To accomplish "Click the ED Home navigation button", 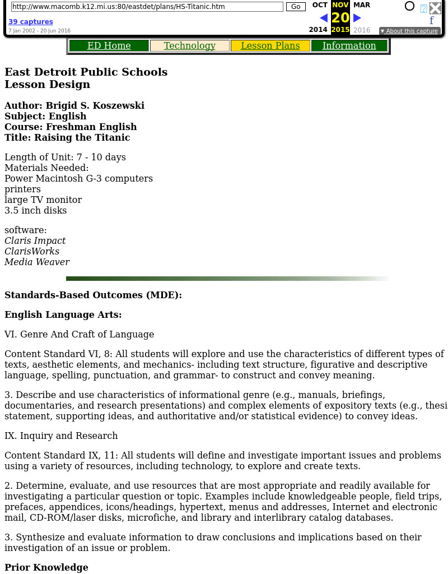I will click(109, 46).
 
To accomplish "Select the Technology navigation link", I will click(189, 46).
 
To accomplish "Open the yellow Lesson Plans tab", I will click(270, 46).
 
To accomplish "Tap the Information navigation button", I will click(349, 46).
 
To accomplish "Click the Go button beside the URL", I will click(296, 7).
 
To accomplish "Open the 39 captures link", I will click(31, 22).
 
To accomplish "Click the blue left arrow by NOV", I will click(323, 18).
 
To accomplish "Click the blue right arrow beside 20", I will click(357, 18).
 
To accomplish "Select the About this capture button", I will click(409, 31).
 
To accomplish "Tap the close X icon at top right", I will click(435, 8).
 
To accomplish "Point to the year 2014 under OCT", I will click(318, 30).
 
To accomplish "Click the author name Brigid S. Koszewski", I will click(95, 105).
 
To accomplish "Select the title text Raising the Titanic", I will click(82, 137).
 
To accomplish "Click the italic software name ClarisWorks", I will click(32, 251).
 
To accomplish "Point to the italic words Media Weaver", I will click(37, 262).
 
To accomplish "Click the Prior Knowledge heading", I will click(46, 567).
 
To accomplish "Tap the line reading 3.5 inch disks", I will click(35, 210).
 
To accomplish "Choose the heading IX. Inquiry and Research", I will click(61, 436).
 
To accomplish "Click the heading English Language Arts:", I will click(63, 314).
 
